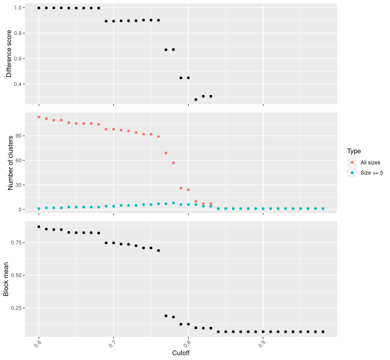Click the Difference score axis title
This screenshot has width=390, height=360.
tap(9, 54)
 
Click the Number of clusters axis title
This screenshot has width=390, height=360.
tap(10, 163)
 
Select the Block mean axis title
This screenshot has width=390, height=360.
tap(6, 279)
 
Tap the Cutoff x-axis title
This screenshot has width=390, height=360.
tap(181, 353)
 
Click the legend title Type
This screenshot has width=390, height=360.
tap(354, 151)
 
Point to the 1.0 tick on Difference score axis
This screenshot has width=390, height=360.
tap(18, 8)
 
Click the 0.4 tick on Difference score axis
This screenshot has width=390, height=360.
tap(18, 84)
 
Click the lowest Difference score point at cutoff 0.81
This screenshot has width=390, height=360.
tap(196, 100)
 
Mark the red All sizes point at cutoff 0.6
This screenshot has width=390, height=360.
tap(39, 117)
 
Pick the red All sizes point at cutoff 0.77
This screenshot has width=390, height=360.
tap(166, 153)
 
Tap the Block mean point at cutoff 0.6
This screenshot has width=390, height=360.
tap(39, 227)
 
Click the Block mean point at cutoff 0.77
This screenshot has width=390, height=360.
tap(166, 316)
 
